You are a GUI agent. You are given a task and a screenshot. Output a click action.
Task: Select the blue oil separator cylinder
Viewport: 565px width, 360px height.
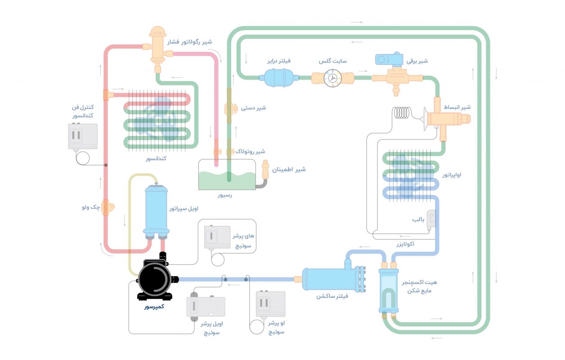coord(156,210)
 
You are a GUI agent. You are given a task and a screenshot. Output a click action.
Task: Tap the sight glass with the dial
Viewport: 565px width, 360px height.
coord(332,77)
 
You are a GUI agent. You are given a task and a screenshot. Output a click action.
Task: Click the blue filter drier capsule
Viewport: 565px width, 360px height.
coord(278,77)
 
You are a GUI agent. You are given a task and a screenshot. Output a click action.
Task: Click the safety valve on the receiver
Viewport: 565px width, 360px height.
coord(265,170)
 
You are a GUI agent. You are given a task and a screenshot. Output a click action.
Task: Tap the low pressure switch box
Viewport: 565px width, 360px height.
coord(270,304)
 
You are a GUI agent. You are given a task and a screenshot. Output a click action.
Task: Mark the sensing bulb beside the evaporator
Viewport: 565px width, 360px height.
coord(431,219)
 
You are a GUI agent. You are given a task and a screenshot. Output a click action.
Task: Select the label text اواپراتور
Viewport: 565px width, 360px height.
coord(452,175)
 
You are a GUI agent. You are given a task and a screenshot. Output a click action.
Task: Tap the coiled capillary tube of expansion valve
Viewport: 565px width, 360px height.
coord(402,113)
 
